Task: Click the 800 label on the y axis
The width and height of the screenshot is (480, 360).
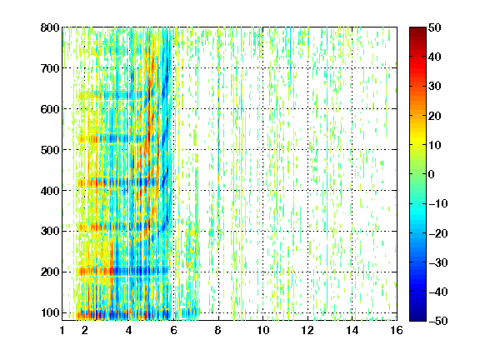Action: point(50,27)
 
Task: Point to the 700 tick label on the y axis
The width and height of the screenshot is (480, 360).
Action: point(50,68)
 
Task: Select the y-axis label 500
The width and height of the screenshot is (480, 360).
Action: point(50,150)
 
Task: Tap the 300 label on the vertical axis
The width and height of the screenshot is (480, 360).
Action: point(50,232)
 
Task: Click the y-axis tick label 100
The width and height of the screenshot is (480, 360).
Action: point(50,312)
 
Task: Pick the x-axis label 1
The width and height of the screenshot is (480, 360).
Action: point(62,330)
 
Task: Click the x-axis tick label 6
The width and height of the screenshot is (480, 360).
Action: point(173,330)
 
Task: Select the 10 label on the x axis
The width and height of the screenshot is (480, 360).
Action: point(262,330)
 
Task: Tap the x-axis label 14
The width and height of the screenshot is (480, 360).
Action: point(352,330)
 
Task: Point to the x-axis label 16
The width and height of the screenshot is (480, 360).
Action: point(397,330)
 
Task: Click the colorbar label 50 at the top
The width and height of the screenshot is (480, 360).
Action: point(434,27)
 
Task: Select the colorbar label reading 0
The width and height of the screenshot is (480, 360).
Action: point(432,174)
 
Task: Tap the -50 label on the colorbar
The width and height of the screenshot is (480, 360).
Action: point(438,321)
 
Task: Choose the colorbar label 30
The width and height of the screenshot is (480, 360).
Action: point(434,87)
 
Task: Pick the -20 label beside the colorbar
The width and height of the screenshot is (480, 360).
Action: point(438,233)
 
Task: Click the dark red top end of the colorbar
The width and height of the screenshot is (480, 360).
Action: point(417,29)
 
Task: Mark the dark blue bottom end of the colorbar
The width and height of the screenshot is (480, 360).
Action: point(417,319)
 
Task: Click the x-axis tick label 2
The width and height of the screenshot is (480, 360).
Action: point(84,330)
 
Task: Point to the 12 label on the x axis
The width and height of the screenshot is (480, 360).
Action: point(307,330)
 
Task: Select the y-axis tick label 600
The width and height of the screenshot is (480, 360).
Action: point(50,109)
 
